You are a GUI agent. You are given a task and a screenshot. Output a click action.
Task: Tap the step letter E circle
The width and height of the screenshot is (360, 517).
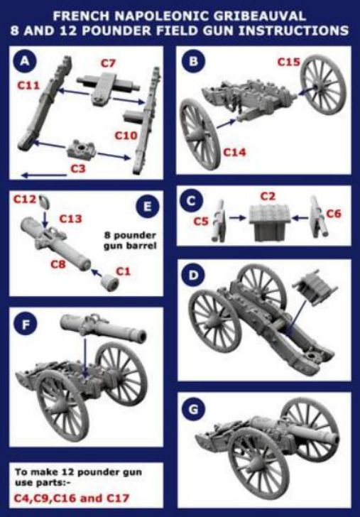pos(148,206)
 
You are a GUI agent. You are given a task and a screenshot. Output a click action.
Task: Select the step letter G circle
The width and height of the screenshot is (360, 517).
pos(193,410)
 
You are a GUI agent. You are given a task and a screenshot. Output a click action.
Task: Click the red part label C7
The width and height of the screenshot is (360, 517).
pos(108,63)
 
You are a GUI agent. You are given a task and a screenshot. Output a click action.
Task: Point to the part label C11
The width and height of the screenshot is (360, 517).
pos(28,85)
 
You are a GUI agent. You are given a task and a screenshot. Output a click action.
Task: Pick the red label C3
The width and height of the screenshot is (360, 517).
pos(78,168)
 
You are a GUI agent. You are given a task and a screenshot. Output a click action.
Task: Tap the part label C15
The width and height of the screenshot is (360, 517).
pos(289,62)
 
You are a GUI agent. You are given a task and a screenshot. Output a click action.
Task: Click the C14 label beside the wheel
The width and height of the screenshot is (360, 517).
pos(235,152)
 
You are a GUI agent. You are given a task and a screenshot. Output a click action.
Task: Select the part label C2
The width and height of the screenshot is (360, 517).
pos(268,196)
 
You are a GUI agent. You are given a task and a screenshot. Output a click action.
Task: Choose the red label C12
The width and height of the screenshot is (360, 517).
pos(24,199)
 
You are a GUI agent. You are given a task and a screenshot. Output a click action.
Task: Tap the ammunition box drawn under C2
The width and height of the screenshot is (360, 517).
pos(270,218)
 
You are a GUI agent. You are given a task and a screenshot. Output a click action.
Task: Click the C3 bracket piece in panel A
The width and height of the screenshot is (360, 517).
pos(81,149)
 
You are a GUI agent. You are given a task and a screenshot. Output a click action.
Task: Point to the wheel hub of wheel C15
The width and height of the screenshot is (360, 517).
pos(318,86)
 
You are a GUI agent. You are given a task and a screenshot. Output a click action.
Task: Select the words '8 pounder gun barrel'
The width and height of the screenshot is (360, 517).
pos(130,240)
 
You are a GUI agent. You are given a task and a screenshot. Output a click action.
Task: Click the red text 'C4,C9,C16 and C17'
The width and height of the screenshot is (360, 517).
pos(71,498)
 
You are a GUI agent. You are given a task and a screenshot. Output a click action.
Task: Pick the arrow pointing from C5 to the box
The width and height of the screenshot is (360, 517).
pos(237,217)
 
